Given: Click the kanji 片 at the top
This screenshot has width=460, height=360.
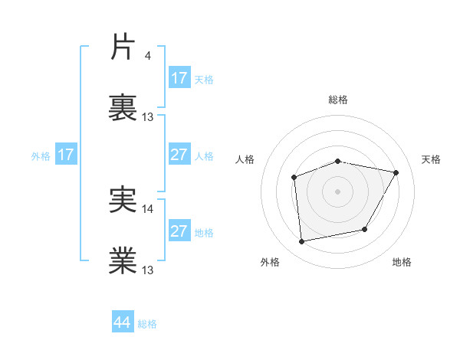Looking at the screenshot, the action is (x=123, y=48).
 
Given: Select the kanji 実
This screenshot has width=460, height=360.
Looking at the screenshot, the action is (x=123, y=199).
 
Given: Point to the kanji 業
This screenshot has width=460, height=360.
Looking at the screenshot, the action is (x=123, y=260).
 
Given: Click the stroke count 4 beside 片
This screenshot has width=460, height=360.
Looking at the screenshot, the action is (x=147, y=55).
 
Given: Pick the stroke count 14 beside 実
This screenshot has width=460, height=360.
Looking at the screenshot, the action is (x=148, y=208).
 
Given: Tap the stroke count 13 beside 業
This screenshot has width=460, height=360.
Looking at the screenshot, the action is (x=148, y=270).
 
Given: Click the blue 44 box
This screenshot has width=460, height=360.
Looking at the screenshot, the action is (x=123, y=322).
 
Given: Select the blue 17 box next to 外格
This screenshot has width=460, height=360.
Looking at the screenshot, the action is (x=65, y=155).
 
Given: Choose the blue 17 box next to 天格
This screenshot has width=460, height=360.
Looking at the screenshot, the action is (x=179, y=78).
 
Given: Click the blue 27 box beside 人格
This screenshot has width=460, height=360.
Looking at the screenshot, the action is (x=179, y=155).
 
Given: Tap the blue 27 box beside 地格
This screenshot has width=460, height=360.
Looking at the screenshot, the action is (x=179, y=231).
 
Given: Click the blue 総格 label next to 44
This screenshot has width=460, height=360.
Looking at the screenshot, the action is (x=147, y=324).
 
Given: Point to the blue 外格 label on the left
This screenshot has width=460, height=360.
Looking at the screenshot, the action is (x=41, y=156).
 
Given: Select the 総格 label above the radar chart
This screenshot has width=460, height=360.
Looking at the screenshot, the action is (x=338, y=100).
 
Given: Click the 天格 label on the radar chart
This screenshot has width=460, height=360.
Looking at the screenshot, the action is (x=432, y=159).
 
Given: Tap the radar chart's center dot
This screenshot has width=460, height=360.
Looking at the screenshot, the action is (x=338, y=191).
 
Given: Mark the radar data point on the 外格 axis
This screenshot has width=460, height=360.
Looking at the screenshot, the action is (x=302, y=241).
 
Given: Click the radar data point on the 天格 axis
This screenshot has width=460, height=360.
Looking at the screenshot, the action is (x=396, y=173).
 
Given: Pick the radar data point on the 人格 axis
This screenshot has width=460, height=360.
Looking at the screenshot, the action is (x=294, y=178).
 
